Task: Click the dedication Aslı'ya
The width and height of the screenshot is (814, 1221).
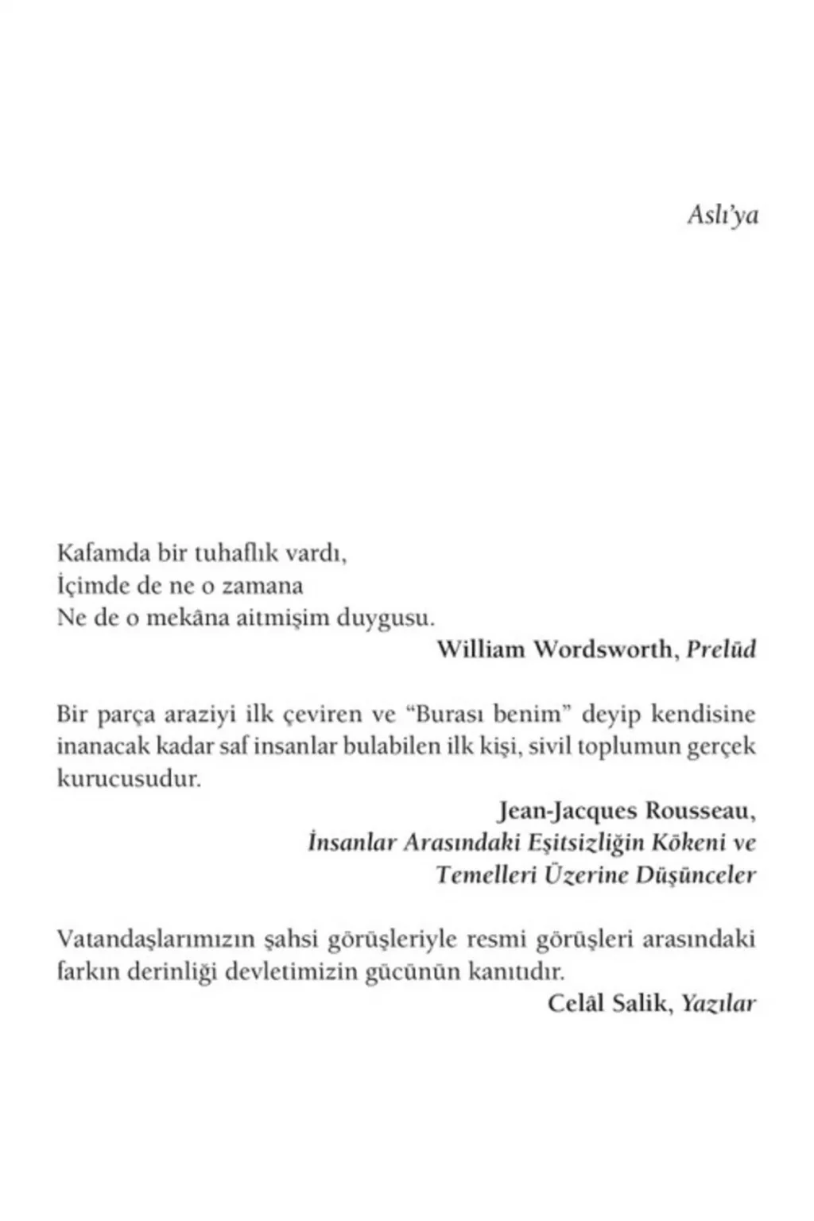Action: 722,215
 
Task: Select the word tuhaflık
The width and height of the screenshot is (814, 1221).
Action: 227,552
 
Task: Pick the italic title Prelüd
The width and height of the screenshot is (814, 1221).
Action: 720,649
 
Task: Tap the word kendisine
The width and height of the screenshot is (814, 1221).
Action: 704,713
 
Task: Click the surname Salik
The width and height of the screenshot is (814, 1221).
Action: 648,1003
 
